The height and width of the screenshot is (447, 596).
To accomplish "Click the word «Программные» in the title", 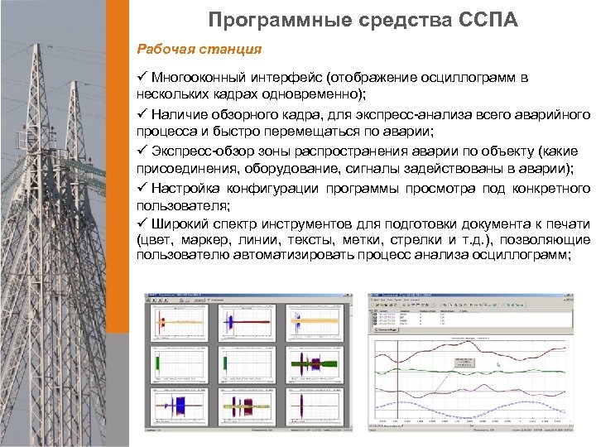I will [262, 19].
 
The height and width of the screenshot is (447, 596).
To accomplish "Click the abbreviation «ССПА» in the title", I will [485, 19].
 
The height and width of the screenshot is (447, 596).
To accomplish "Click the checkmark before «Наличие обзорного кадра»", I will [142, 113].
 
